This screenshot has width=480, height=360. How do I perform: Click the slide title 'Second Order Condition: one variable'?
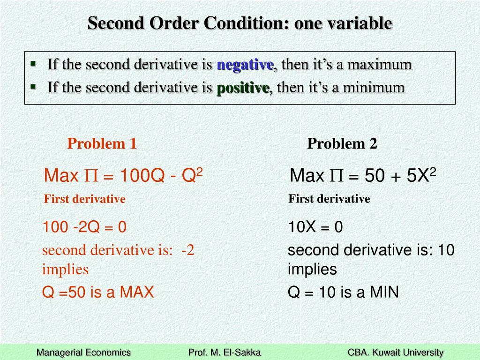point(240,23)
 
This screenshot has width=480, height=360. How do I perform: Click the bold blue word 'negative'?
point(245,65)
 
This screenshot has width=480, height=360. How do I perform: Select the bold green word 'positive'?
point(243,87)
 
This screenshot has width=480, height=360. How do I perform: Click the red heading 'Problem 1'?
point(102,143)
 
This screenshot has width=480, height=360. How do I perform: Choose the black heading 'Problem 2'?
point(342,143)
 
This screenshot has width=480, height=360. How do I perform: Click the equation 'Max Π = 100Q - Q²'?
point(123,176)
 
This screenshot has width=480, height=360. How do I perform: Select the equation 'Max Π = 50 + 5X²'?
point(363,176)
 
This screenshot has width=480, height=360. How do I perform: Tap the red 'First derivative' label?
point(84,199)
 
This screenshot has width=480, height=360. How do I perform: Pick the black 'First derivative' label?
point(329,199)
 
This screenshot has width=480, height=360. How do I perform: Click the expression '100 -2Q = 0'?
point(84,227)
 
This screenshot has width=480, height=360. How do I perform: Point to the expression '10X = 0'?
point(315,227)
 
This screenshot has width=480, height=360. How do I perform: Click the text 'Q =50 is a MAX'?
point(98,292)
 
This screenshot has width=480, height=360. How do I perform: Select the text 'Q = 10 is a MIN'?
point(343,292)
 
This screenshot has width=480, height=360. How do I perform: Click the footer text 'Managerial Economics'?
point(84,352)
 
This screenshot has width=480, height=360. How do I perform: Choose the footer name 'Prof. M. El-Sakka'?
point(224,352)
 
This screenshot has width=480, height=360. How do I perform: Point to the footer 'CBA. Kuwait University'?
point(396,352)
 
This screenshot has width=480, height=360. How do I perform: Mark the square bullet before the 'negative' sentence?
point(33,63)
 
